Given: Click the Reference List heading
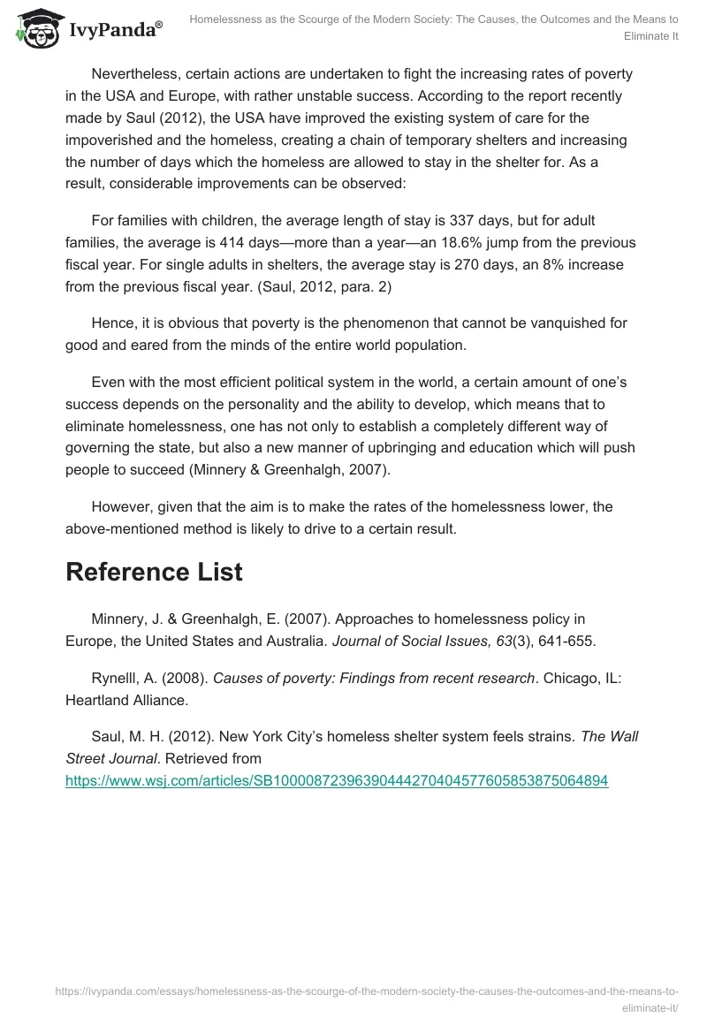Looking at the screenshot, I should (154, 572).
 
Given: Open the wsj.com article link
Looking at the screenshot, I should (337, 781).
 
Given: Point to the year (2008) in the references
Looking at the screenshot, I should (186, 678).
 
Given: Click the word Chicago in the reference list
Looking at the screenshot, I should (571, 678).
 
